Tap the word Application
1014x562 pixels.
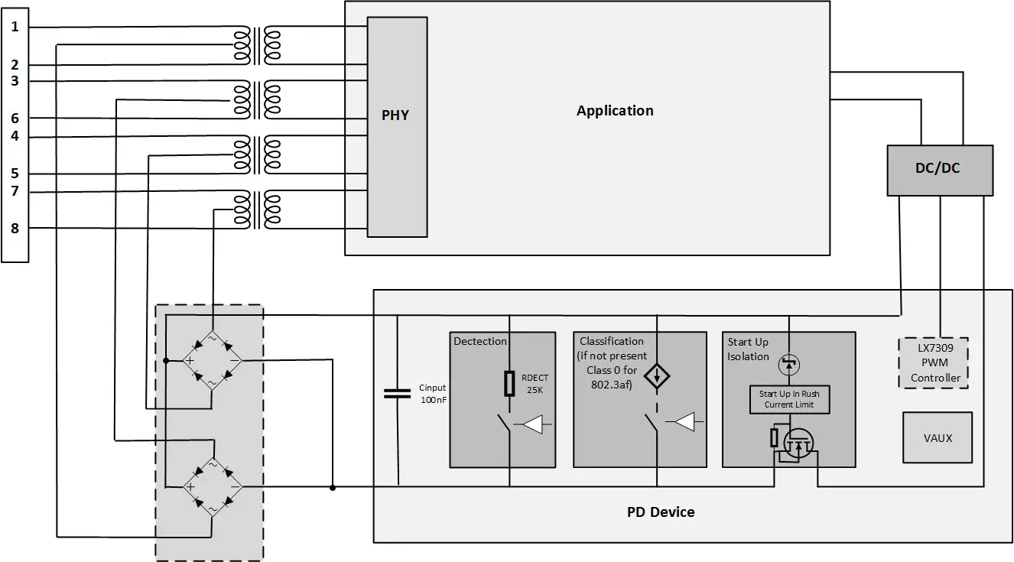point(615,111)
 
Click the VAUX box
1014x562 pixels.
point(937,438)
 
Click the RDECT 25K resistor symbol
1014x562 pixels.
point(509,384)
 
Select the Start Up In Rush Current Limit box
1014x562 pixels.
point(788,399)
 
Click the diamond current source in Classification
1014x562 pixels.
point(656,375)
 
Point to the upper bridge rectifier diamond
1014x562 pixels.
point(212,359)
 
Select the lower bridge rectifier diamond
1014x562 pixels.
point(212,486)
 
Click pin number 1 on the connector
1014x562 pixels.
point(15,28)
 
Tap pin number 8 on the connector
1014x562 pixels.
point(15,228)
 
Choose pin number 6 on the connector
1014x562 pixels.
point(15,119)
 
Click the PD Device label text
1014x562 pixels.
point(661,512)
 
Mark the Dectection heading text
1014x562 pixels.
point(480,341)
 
